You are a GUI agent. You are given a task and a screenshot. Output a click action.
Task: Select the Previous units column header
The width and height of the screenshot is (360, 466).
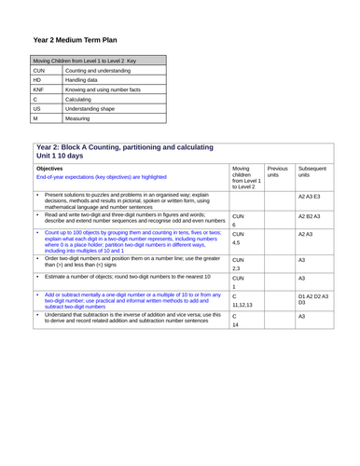278,172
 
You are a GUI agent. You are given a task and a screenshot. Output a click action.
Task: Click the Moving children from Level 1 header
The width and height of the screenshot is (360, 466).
245,178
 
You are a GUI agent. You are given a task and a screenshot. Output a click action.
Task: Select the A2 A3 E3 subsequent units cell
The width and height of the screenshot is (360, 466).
309,198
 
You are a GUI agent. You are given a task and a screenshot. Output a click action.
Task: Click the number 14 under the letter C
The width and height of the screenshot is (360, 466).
237,325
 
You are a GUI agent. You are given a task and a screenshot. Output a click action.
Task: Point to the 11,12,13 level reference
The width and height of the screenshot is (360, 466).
242,305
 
